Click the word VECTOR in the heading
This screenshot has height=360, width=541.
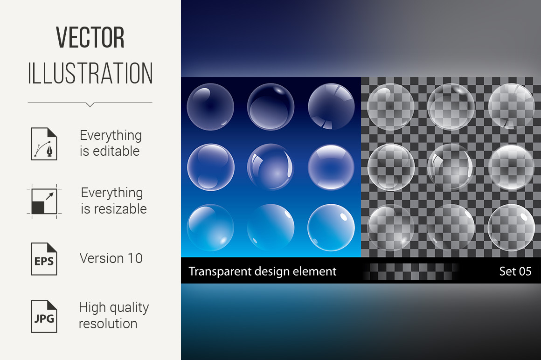pyautogui.click(x=90, y=37)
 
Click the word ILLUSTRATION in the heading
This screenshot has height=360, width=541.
pyautogui.click(x=90, y=73)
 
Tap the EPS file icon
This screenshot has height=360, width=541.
pyautogui.click(x=44, y=259)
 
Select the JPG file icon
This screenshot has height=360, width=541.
pyautogui.click(x=44, y=316)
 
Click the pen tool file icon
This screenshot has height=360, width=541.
pyautogui.click(x=44, y=144)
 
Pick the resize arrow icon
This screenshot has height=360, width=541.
pyautogui.click(x=44, y=201)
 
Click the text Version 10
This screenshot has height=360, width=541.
pyautogui.click(x=111, y=258)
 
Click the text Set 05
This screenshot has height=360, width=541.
pyautogui.click(x=515, y=271)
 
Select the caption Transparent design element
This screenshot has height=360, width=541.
pyautogui.click(x=262, y=271)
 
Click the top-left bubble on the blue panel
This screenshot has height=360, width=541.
pyautogui.click(x=210, y=107)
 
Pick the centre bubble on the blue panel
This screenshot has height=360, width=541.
pyautogui.click(x=271, y=167)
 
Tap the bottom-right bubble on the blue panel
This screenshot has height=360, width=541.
pyautogui.click(x=331, y=228)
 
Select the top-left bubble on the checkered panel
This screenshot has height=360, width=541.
pyautogui.click(x=390, y=107)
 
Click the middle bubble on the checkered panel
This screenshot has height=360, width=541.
pyautogui.click(x=451, y=167)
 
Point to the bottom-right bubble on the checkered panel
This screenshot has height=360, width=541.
pyautogui.click(x=511, y=228)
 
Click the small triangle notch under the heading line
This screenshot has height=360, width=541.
pyautogui.click(x=90, y=104)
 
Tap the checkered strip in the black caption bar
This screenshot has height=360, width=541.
pyautogui.click(x=410, y=271)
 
